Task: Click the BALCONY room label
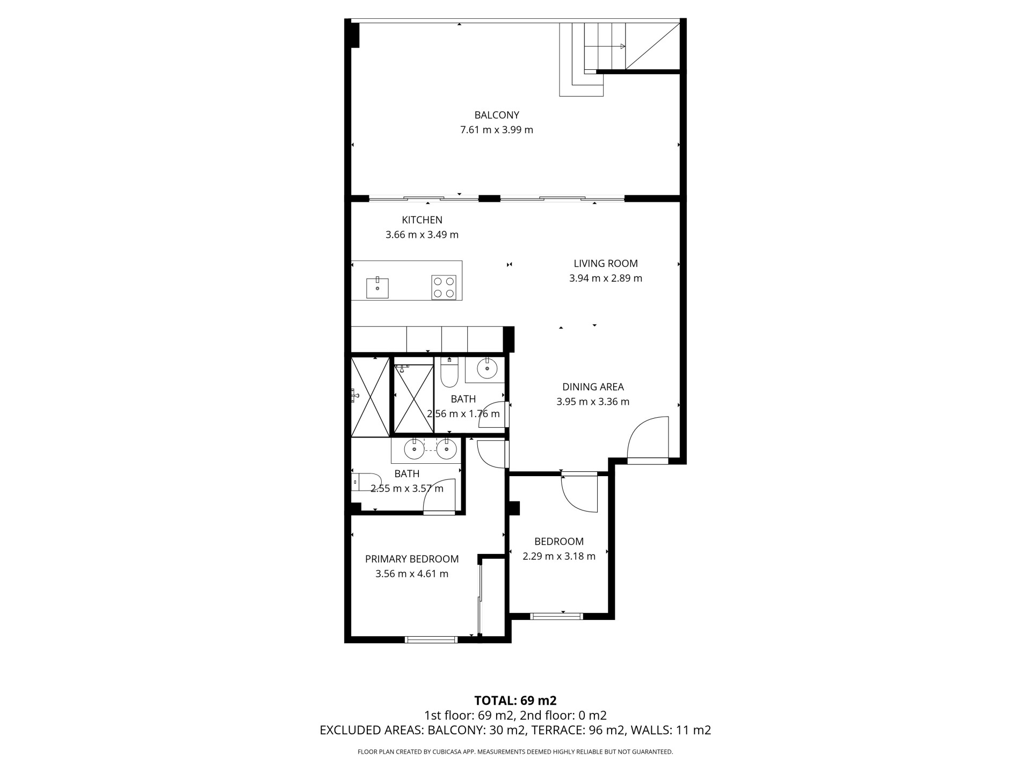497,115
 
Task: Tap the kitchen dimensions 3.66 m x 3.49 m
422,235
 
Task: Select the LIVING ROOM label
606,264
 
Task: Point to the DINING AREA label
593,387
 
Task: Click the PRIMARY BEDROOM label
412,559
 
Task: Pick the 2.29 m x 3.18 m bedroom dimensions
559,556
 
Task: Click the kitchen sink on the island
377,288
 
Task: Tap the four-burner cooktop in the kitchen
444,287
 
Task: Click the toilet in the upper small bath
448,372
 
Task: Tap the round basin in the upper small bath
487,369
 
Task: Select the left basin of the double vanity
414,449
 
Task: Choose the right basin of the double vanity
446,449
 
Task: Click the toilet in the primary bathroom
366,482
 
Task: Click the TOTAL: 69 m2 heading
515,701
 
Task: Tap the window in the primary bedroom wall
431,639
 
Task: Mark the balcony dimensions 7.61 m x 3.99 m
497,130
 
